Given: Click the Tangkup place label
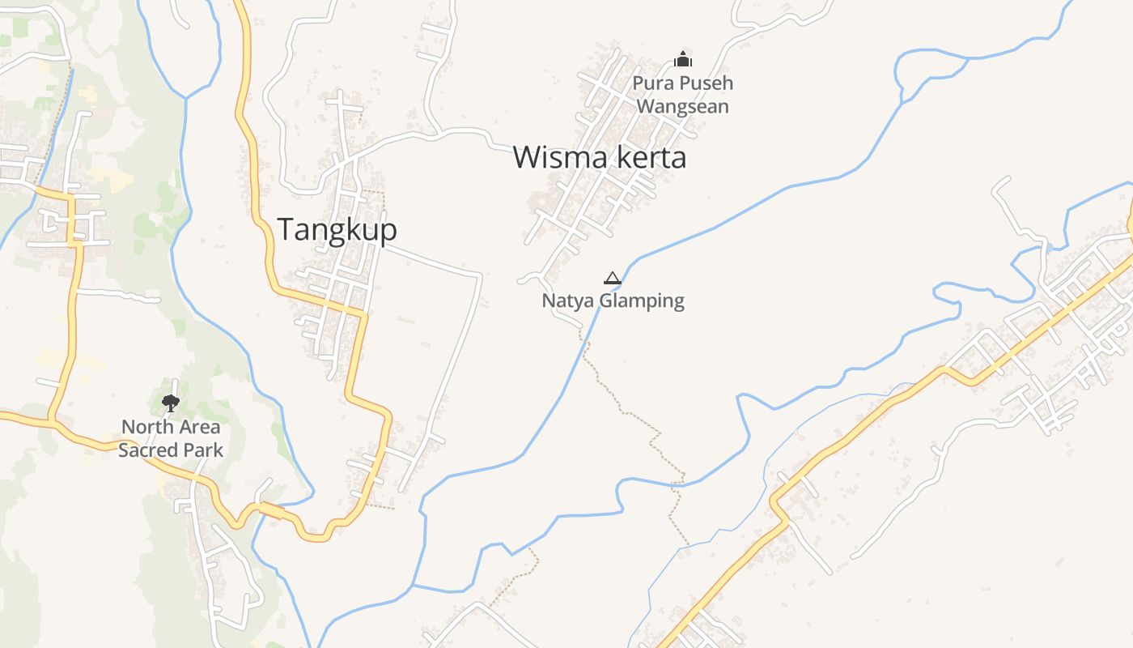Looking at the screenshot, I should tap(337, 230).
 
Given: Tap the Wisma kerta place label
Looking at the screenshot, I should tap(600, 157).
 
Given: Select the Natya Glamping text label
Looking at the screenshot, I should tap(613, 301).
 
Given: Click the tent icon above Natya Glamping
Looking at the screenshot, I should tap(613, 279).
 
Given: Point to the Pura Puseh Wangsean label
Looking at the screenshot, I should tap(683, 95).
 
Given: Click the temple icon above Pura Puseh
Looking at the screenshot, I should tap(684, 59).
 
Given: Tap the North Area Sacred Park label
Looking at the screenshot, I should tap(171, 438).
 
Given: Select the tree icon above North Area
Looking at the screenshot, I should tap(170, 403).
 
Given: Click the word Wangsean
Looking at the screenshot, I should tap(683, 107).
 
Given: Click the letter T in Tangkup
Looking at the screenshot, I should tap(286, 230).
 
